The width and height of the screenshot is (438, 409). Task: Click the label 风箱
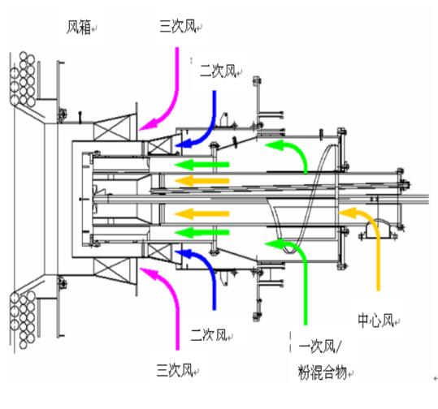[x=79, y=27]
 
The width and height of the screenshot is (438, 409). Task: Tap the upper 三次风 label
[x=177, y=27]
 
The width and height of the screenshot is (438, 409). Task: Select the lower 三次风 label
[x=175, y=370]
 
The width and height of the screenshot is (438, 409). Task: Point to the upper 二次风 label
[x=218, y=71]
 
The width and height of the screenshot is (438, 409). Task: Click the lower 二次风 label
[x=208, y=334]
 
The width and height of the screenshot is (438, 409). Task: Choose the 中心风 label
[x=375, y=320]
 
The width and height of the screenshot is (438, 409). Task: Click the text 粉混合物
[x=323, y=372]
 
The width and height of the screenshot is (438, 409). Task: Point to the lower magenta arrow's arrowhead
[x=149, y=273]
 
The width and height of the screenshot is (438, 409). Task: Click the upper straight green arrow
[x=202, y=165]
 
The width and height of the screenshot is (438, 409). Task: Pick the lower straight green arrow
[x=202, y=232]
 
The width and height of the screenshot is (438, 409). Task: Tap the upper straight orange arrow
[x=202, y=181]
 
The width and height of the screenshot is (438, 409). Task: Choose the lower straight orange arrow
[x=202, y=214]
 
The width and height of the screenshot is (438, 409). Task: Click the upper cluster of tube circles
[x=23, y=80]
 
